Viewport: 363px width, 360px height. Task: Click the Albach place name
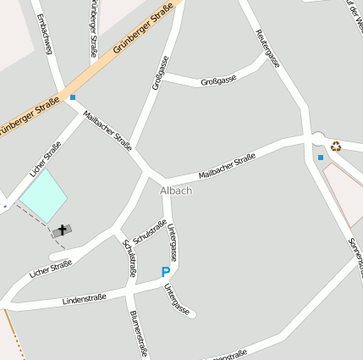[x=176, y=191]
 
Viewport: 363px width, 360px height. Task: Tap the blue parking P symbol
[x=165, y=272]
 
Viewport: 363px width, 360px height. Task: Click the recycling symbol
[x=336, y=146]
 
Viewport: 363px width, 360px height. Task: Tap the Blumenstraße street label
[x=140, y=334]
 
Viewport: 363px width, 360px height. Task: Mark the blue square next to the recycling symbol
[x=321, y=158]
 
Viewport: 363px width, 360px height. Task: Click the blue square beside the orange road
[x=74, y=97]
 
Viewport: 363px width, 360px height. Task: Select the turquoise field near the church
[x=43, y=196]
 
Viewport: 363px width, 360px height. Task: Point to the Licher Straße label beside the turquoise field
[x=45, y=158]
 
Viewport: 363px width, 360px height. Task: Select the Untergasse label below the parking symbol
[x=177, y=299]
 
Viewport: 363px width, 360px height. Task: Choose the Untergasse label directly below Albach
[x=173, y=241]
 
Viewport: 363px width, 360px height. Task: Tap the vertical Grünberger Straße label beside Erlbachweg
[x=92, y=28]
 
